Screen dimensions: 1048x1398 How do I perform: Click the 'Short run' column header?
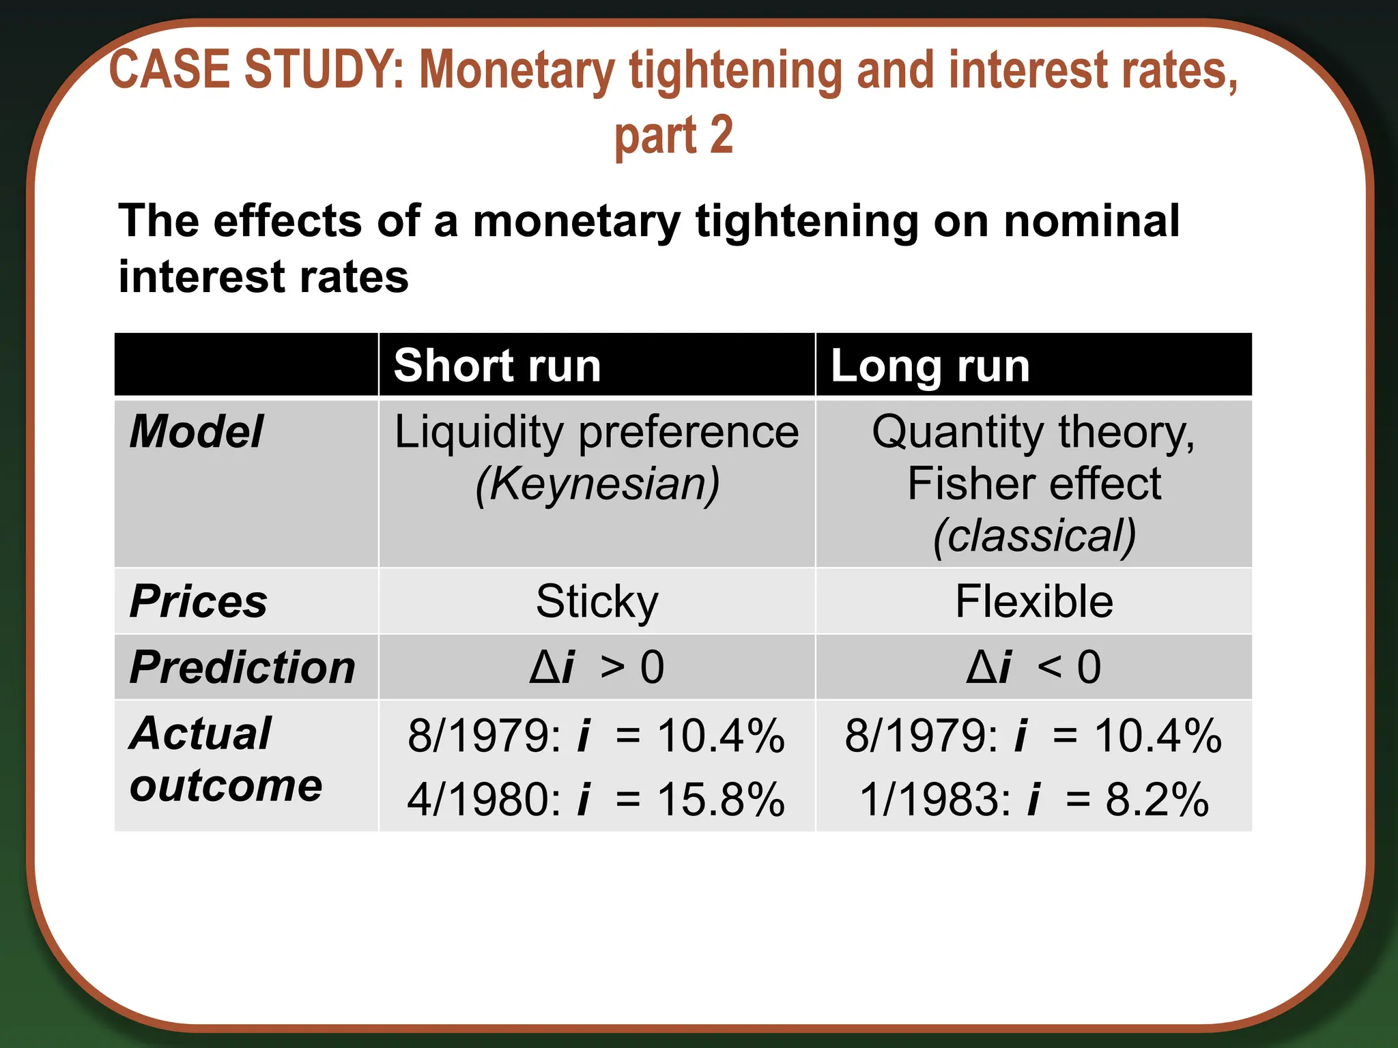point(497,366)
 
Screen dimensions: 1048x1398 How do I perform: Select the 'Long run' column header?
point(930,366)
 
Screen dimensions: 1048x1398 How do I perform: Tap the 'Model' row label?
point(197,432)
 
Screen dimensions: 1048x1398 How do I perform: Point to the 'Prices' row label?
point(199,602)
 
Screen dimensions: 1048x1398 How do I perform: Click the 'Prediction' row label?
point(242,667)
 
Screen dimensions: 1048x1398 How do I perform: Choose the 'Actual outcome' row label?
point(225,759)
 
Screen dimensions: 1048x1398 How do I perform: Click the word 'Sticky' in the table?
point(597,602)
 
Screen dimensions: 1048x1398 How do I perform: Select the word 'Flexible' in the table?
point(1033,602)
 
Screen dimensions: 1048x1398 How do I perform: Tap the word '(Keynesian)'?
point(597,484)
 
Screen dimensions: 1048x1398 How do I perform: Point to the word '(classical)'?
point(1033,536)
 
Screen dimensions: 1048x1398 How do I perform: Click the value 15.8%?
point(720,799)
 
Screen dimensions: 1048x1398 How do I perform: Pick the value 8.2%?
point(1157,799)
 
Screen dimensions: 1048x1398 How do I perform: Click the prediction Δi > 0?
point(597,667)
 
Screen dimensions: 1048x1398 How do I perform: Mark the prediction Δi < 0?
point(1033,667)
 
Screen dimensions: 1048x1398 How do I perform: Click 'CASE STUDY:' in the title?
point(257,70)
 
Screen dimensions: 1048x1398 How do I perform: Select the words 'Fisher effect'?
point(1033,484)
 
